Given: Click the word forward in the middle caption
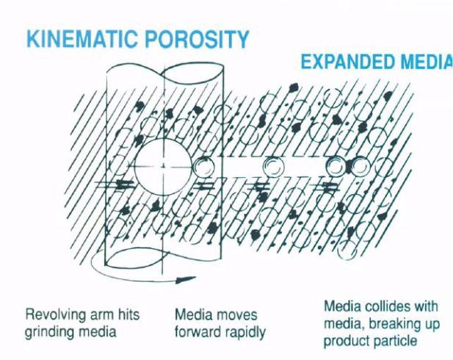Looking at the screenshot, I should pos(195,331).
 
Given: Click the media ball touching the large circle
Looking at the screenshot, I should pos(203,167).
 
